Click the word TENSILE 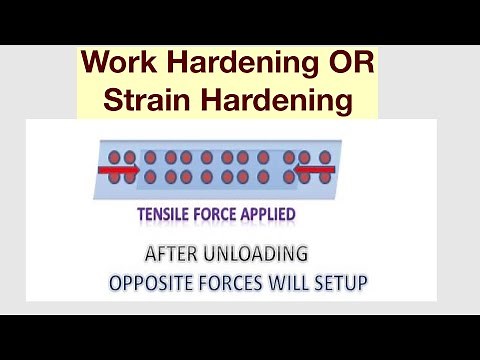point(169,214)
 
